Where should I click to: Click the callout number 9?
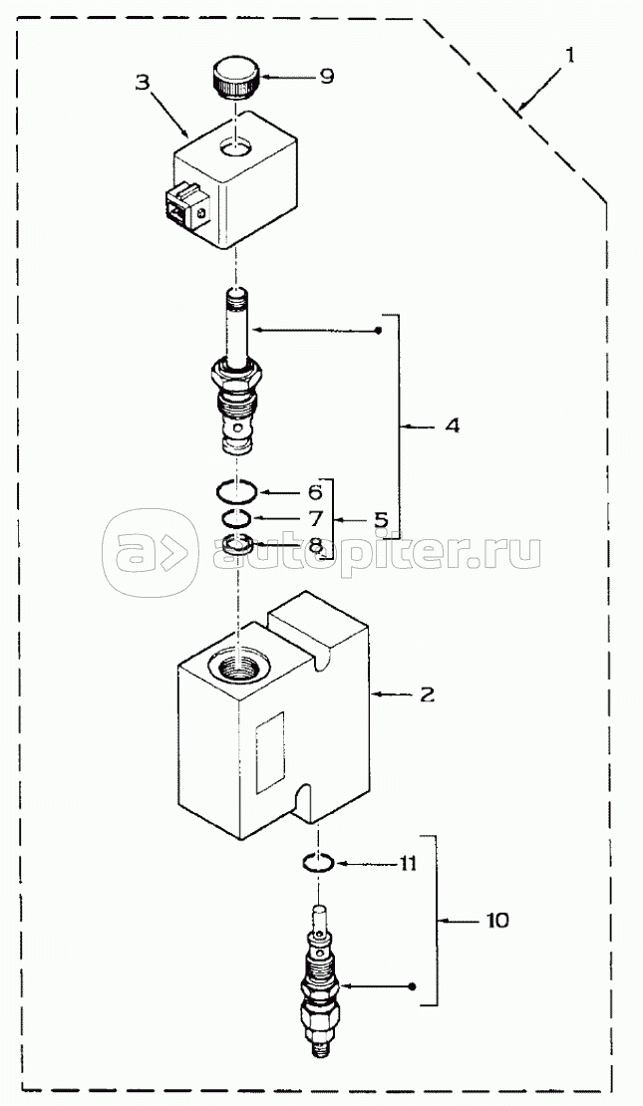click(x=326, y=75)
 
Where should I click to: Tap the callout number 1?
click(x=569, y=56)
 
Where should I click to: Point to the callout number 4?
click(x=452, y=425)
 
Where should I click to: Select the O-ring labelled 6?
click(x=238, y=490)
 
